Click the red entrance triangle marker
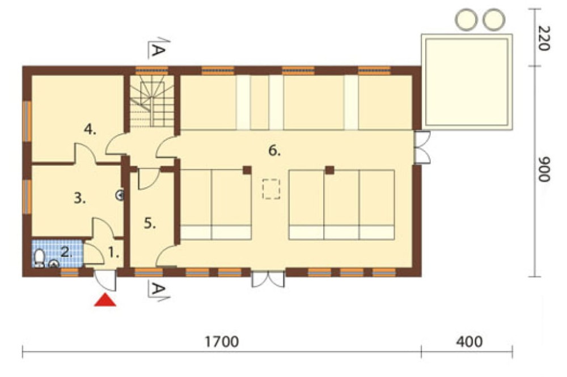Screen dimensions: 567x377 [105, 300]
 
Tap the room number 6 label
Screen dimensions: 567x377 [274, 151]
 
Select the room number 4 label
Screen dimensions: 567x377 [90, 129]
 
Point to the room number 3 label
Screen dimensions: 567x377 [80, 198]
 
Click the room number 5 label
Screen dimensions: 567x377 [150, 224]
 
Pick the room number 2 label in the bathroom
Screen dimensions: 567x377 [66, 252]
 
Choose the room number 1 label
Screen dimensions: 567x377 [113, 253]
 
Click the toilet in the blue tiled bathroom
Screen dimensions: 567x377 [39, 258]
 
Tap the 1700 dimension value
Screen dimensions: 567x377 [222, 341]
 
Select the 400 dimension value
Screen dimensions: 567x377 [469, 341]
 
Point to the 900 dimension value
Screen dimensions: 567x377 [544, 169]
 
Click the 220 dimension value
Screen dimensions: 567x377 [544, 38]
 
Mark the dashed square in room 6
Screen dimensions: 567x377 [271, 189]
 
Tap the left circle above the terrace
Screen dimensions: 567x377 [467, 19]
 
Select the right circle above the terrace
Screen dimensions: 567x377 [494, 19]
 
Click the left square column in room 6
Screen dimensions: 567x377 [247, 170]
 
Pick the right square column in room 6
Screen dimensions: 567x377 [329, 170]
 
